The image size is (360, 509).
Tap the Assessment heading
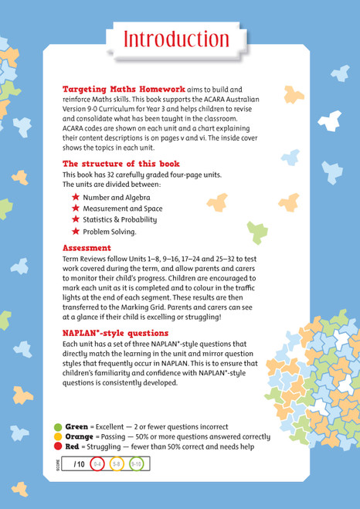[x=87, y=248]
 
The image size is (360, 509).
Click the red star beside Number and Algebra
[x=76, y=198]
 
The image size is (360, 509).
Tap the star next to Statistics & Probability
[x=76, y=220]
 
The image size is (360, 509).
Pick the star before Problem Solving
[x=76, y=232]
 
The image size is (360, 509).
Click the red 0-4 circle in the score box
[x=97, y=464]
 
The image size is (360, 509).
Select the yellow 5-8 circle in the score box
[x=116, y=464]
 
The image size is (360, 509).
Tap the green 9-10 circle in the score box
[x=136, y=464]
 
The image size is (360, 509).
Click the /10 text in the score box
[x=78, y=464]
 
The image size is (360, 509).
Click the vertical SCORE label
[x=59, y=464]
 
